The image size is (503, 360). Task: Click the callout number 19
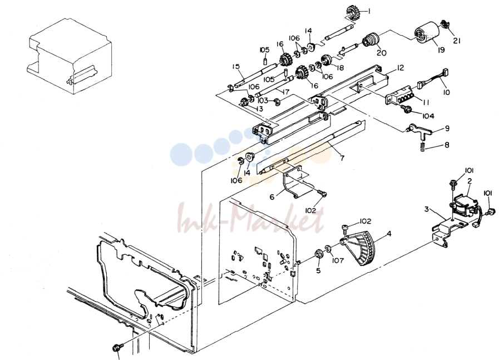tap(441, 50)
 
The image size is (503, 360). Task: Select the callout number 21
tap(457, 41)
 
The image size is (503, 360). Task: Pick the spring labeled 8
tap(423, 147)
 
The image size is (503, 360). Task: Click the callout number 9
tap(447, 129)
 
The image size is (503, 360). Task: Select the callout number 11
tap(426, 102)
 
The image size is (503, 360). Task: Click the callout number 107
tap(338, 260)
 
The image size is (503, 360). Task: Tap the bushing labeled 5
tap(318, 253)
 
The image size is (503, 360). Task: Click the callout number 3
tap(426, 209)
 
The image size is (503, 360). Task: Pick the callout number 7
tap(342, 158)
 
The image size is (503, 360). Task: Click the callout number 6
tap(272, 196)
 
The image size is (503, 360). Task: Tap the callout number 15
tap(236, 66)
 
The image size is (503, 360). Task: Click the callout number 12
tap(400, 68)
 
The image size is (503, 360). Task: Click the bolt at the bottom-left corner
tap(116, 348)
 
